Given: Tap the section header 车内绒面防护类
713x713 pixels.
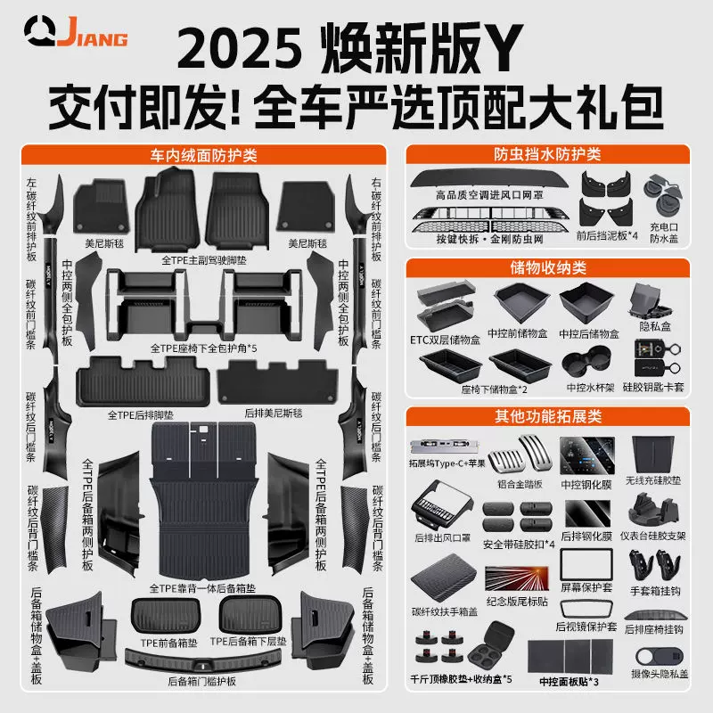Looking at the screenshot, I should pos(204,154).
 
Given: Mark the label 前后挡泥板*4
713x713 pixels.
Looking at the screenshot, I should pos(607,235).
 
